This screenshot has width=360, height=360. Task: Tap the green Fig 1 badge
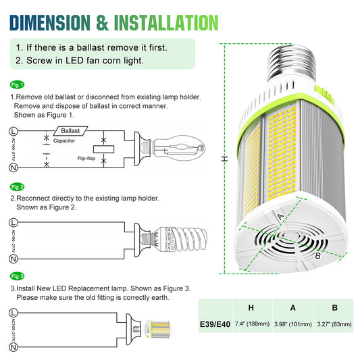pos(17,85)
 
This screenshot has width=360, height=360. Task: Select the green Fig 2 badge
pos(17,186)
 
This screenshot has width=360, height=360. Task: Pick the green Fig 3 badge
pos(17,276)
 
